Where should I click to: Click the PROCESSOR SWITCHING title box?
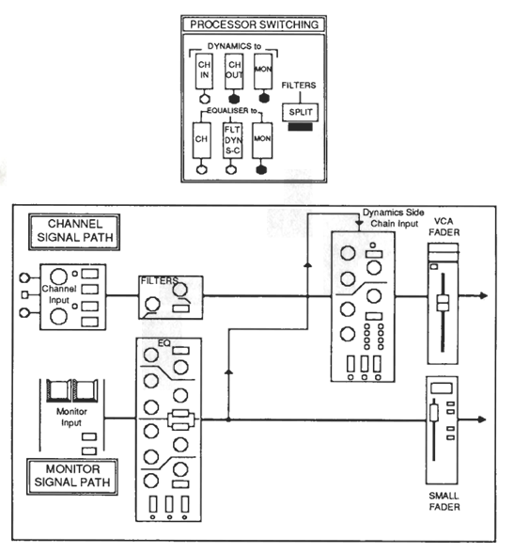[254, 24]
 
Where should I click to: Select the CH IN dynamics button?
[204, 71]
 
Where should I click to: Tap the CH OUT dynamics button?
[234, 71]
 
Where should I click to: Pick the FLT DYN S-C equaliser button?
[232, 140]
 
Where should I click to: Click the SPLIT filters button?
[300, 112]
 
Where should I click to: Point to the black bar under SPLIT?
[300, 127]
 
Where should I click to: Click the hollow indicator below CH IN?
[204, 99]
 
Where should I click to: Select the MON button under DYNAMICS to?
[263, 71]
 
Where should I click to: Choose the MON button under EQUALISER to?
[262, 140]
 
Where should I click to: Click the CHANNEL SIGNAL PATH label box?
[74, 232]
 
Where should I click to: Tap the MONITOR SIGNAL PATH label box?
[72, 477]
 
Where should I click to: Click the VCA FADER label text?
[444, 227]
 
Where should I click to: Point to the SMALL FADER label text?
[444, 501]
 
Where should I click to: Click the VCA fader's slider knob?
[443, 303]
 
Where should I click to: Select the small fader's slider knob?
[434, 413]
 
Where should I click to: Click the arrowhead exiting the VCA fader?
[484, 295]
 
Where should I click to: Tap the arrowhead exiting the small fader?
[482, 419]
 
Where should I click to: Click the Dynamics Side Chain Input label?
[394, 218]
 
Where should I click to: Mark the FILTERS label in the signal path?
[159, 280]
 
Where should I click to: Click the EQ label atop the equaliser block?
[164, 342]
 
